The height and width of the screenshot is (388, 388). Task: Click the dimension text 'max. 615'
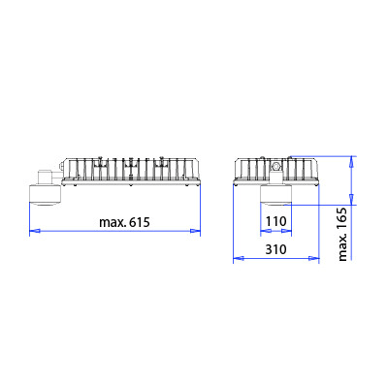pos(124,222)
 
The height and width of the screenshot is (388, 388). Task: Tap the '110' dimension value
pos(276,221)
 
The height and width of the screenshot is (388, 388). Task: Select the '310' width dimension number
pos(275,249)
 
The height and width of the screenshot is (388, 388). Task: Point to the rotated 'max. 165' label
pos(342,235)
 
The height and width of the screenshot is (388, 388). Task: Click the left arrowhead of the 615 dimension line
pos(35,231)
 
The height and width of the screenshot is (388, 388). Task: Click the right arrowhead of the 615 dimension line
pos(195,231)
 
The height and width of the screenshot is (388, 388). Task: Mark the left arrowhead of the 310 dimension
pos(239,258)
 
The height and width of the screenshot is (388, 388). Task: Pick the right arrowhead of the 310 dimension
pos(313,258)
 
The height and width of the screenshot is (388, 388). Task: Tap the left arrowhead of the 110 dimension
pos(266,231)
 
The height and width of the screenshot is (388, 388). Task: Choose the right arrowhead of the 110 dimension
pos(286,231)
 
